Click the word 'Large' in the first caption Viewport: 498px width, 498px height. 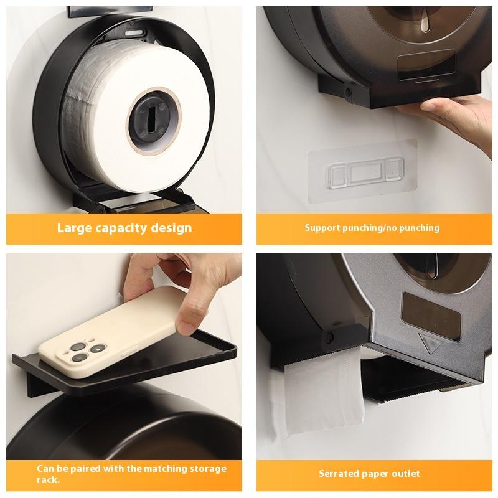pyautogui.click(x=74, y=228)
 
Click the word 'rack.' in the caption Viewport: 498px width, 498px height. pyautogui.click(x=49, y=479)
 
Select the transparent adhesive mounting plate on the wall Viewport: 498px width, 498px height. pyautogui.click(x=363, y=172)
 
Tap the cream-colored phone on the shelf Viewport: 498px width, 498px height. pyautogui.click(x=108, y=331)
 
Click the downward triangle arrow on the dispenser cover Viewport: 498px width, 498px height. pyautogui.click(x=430, y=343)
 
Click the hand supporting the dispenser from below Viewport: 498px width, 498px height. pyautogui.click(x=451, y=118)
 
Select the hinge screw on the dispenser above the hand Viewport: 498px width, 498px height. pyautogui.click(x=348, y=93)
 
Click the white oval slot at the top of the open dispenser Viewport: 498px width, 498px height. pyautogui.click(x=135, y=34)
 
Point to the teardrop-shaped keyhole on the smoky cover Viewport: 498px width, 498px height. pyautogui.click(x=424, y=24)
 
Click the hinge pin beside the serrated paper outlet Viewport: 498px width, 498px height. pyautogui.click(x=330, y=337)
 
